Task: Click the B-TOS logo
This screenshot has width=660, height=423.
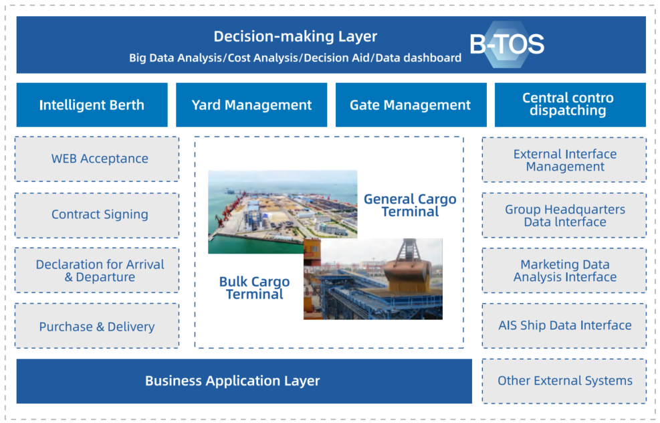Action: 507,44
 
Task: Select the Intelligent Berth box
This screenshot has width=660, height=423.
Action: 92,104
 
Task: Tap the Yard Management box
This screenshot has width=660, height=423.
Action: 251,104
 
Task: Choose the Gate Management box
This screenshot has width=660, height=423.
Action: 411,104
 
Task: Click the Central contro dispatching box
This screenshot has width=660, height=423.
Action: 570,104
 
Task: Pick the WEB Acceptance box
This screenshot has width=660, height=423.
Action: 97,159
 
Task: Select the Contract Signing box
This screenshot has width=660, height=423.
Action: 97,215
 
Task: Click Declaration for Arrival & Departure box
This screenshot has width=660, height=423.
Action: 97,270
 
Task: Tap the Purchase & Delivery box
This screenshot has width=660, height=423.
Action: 97,326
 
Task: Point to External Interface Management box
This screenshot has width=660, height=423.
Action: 564,160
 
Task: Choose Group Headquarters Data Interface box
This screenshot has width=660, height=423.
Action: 564,216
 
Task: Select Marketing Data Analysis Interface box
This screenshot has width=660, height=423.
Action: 564,270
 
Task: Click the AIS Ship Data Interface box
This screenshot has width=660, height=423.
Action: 564,326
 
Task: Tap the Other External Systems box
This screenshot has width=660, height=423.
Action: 564,381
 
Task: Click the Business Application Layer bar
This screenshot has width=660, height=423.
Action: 244,381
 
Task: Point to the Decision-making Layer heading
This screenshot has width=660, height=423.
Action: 295,37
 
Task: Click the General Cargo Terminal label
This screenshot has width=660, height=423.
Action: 410,205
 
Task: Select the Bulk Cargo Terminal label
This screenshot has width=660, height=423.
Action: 254,288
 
